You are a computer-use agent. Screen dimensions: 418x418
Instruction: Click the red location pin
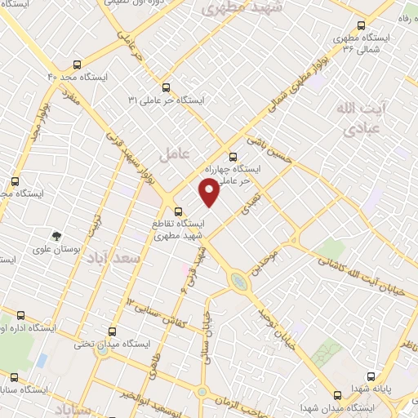pos(210,192)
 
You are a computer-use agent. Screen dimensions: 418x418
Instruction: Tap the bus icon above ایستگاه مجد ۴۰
pos(77,64)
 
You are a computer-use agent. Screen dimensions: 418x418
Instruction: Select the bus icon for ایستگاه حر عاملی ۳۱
pos(166,87)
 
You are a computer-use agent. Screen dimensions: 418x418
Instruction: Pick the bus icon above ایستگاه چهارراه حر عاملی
pos(233,155)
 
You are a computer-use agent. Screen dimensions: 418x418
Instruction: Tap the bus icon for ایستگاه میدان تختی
pos(112,331)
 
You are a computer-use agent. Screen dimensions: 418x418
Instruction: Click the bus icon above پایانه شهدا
pos(372,377)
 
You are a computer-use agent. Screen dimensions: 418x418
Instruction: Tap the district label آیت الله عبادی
pos(360,118)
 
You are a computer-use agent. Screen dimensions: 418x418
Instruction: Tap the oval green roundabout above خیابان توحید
pos(238,282)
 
